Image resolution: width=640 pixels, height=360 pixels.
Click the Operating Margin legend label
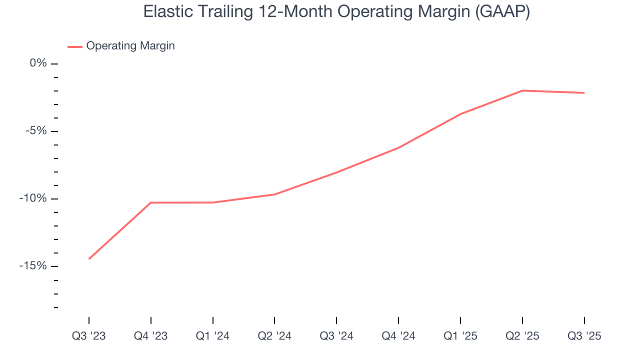(130, 46)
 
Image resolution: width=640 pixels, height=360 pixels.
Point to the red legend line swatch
(75, 46)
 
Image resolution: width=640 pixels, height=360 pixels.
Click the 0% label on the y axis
(38, 63)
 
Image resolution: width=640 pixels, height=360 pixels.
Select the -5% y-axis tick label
(36, 131)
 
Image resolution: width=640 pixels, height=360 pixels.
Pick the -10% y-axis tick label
(33, 198)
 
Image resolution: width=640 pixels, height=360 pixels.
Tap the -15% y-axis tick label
(33, 266)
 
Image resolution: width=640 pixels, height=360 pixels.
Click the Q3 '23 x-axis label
(89, 336)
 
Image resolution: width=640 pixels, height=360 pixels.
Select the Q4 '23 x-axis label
(151, 336)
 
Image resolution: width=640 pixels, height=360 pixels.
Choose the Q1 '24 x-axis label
(213, 336)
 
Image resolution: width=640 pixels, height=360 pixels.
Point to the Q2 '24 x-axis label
(274, 336)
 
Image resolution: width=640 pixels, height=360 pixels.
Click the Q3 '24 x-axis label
(336, 336)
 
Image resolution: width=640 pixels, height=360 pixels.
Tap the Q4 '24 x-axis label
(398, 336)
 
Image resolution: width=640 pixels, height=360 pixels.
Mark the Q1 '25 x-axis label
(460, 336)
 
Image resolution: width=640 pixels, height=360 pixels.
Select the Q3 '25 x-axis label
(584, 336)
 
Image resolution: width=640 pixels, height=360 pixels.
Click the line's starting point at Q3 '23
(89, 259)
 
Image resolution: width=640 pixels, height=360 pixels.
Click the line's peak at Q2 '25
(522, 90)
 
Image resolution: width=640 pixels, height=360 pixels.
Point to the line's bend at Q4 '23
(151, 202)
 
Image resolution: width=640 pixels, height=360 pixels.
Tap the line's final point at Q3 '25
(584, 93)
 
